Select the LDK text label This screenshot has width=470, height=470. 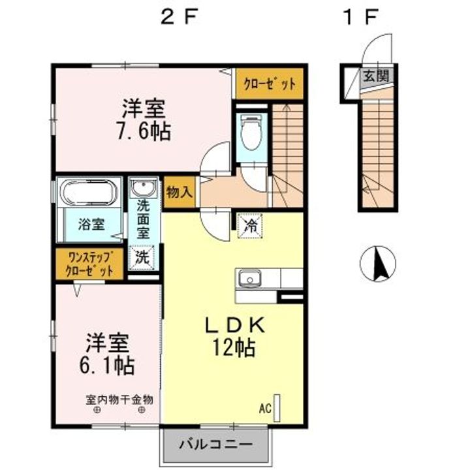[227, 324]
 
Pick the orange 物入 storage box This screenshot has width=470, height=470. [179, 193]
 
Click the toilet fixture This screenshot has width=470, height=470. [250, 133]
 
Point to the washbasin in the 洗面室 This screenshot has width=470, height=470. [142, 189]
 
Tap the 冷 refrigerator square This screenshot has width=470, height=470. [250, 227]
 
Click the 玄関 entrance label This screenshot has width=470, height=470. [375, 76]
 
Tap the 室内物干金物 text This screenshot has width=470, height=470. [119, 399]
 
